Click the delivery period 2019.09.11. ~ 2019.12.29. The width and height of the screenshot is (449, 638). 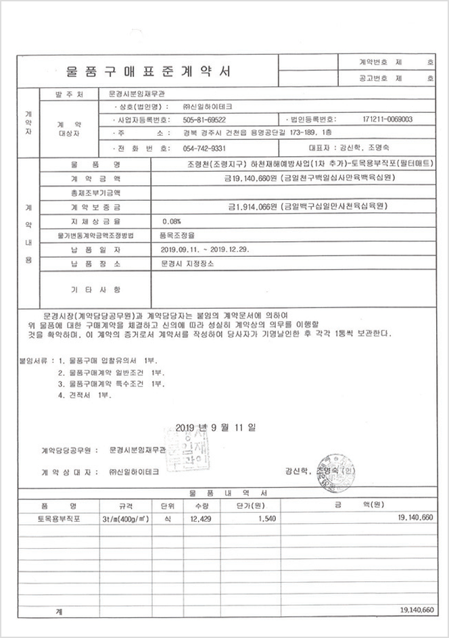[x=205, y=249]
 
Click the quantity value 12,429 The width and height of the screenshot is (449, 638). [x=201, y=518]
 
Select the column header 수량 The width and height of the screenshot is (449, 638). [x=201, y=505]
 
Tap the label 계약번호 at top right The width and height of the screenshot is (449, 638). [x=372, y=61]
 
